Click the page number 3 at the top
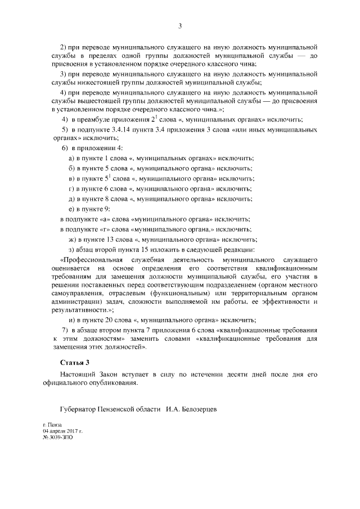179,25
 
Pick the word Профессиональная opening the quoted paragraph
90,260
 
